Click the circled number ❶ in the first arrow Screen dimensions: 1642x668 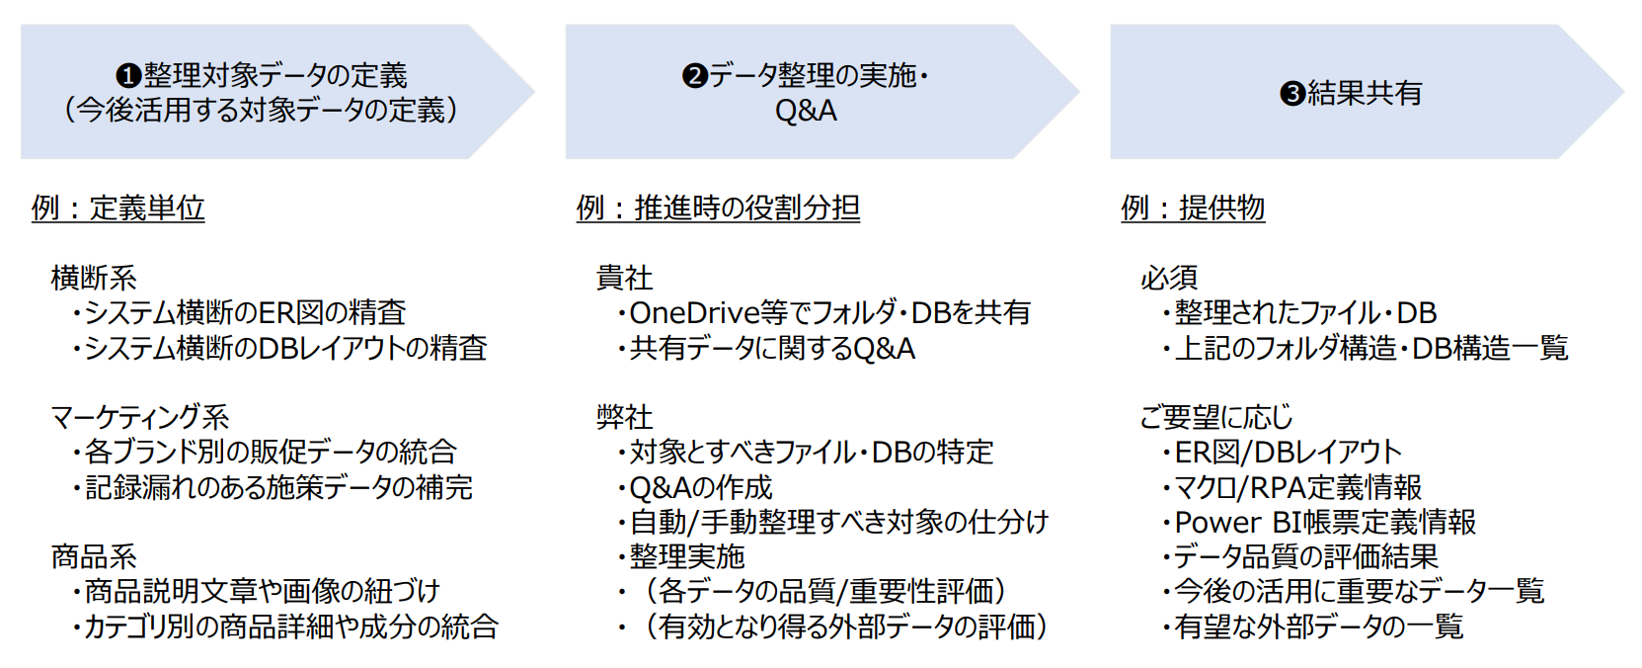coord(129,76)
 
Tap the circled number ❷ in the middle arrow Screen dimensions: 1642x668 coord(695,76)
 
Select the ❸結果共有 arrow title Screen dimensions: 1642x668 coord(1351,93)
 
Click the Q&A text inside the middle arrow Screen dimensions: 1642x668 coord(806,111)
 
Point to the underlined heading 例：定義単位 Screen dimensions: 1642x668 coord(118,209)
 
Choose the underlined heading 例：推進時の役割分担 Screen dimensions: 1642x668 coord(718,209)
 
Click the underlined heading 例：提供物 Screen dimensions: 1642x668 coord(1193,209)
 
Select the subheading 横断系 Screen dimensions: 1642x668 coord(94,278)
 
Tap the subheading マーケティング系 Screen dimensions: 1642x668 coord(139,417)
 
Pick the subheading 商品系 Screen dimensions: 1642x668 coord(94,556)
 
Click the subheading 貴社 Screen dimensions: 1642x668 coord(624,278)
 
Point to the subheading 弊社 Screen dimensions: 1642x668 coord(624,417)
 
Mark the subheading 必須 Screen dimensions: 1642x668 coord(1169,278)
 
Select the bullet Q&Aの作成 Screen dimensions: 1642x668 coord(701,487)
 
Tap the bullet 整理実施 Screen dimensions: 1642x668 coord(687,556)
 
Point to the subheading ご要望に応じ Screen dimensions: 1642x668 coord(1216,417)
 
